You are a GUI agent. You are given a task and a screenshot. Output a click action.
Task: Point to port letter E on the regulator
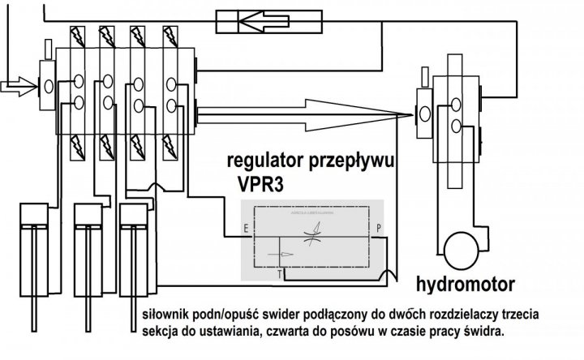point(246,229)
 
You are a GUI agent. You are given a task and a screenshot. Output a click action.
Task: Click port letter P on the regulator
point(380,229)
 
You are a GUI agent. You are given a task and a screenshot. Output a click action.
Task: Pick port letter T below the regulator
point(280,275)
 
